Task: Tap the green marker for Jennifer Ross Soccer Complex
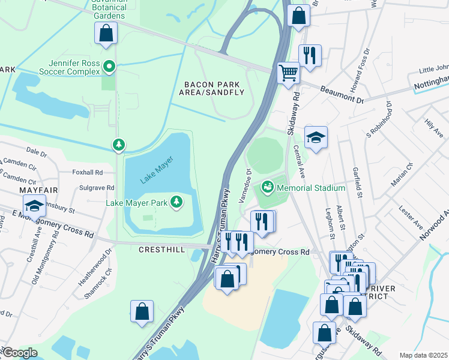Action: (109, 67)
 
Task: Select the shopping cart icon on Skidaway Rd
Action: (289, 73)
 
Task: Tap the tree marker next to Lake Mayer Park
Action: (177, 202)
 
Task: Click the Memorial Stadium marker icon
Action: (267, 188)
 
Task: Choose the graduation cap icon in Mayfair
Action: (35, 206)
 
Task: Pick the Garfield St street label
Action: (358, 182)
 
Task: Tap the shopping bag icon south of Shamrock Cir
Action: (142, 311)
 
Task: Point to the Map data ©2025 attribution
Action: (423, 355)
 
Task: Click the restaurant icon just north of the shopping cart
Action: (310, 56)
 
